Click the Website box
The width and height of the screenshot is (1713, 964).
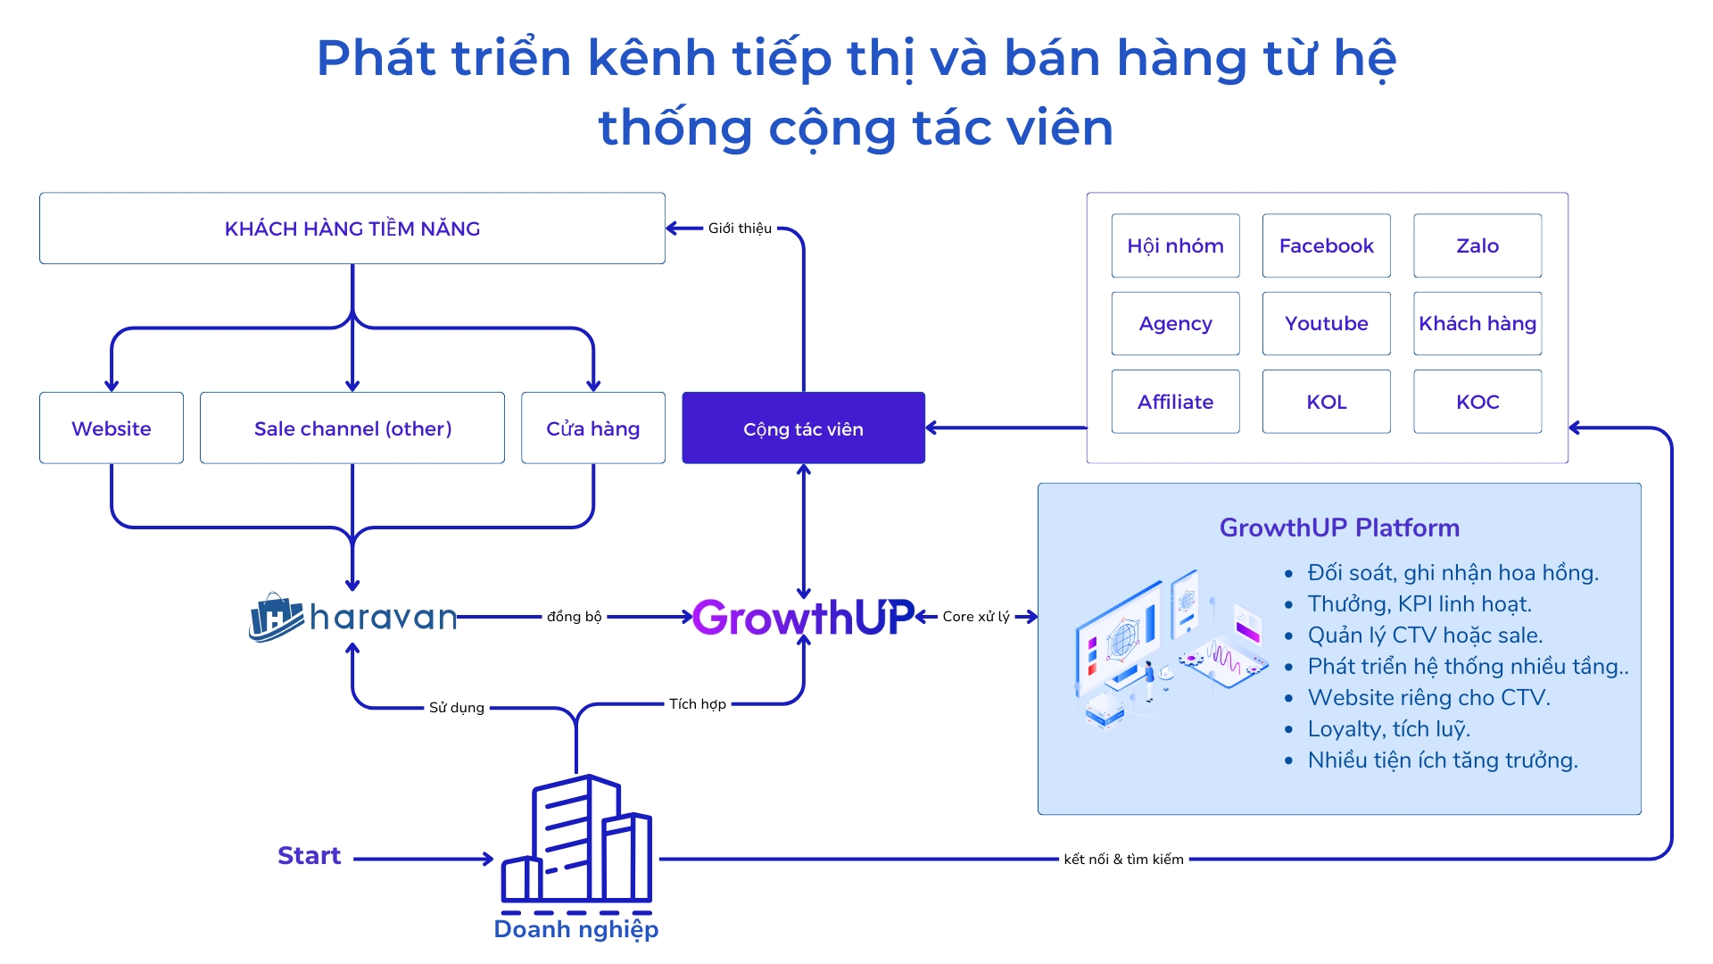[112, 428]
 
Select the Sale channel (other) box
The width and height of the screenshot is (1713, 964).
[352, 428]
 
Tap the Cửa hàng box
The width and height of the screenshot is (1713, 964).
[593, 428]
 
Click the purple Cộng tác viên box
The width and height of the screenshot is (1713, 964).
[803, 428]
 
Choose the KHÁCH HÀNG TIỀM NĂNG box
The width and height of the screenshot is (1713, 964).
[352, 229]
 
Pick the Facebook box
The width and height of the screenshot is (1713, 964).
[1326, 245]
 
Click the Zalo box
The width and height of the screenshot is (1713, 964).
[1477, 245]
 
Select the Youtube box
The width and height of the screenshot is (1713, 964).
[1326, 323]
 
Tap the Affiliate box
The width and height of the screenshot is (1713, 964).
[1175, 402]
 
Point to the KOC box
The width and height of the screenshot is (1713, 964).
[1477, 402]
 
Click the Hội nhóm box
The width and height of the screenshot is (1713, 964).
[1175, 245]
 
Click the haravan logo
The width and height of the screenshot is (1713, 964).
[352, 617]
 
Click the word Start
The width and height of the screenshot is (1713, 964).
[309, 855]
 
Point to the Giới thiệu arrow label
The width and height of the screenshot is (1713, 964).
[740, 229]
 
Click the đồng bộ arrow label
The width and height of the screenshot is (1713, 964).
[575, 617]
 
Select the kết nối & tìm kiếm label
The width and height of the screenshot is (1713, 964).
[1123, 859]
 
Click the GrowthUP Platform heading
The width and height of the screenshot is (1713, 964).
[1339, 528]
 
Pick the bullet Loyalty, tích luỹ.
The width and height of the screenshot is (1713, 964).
[1388, 729]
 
